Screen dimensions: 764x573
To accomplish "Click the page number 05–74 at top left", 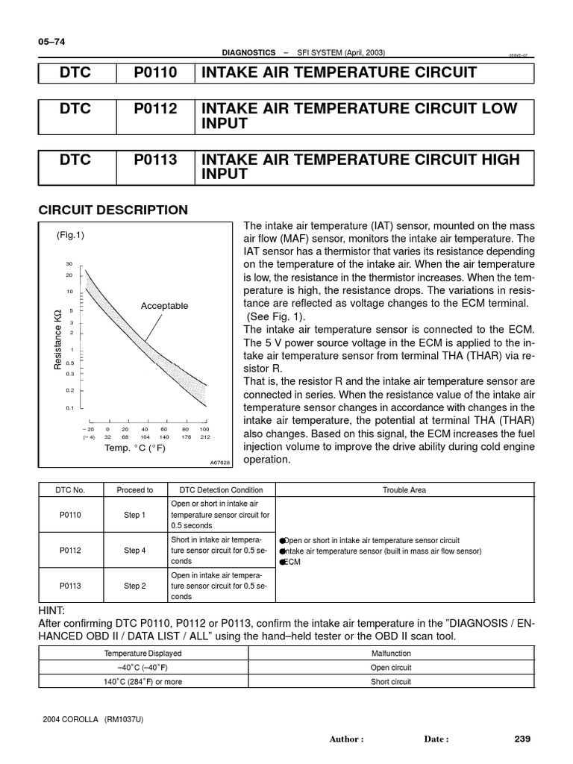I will tap(51, 42).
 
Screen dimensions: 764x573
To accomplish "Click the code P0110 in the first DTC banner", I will tap(156, 73).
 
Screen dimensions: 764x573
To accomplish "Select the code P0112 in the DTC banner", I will tap(156, 109).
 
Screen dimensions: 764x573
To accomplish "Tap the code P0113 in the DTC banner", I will tap(156, 160).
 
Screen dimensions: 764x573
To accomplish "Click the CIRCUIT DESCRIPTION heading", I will tap(113, 210).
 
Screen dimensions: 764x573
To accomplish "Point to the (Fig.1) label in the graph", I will tap(71, 234).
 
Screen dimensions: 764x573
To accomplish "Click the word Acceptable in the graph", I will tap(164, 306).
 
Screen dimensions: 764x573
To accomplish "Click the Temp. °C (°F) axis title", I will tap(136, 448).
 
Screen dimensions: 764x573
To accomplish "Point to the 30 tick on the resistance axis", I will tap(69, 264).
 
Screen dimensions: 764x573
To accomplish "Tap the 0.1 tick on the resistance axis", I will tap(69, 408).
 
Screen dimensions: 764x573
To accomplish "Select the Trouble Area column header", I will tap(404, 490).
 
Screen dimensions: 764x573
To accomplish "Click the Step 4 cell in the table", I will tap(134, 551).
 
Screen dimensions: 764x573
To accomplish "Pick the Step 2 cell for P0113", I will tap(134, 586).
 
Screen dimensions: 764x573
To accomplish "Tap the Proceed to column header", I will tap(134, 490).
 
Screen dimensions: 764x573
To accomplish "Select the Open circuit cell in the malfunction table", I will tap(390, 668).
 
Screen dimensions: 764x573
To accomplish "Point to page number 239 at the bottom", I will tap(522, 739).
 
